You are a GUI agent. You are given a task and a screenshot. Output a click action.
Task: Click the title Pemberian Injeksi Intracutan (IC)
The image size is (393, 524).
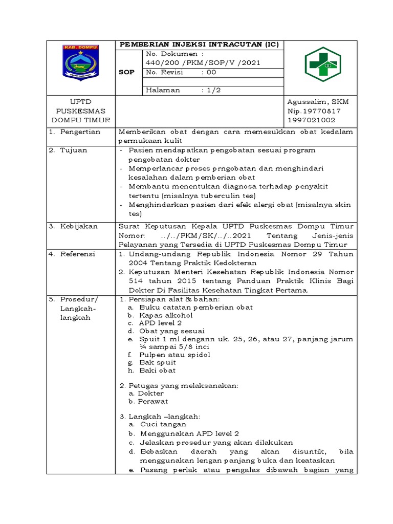(x=199, y=45)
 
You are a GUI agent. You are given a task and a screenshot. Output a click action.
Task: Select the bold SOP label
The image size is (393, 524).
(x=127, y=72)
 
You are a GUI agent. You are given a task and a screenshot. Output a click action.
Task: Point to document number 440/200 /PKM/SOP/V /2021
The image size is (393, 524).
(x=203, y=62)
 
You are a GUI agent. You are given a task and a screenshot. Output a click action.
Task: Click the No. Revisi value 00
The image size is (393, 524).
(x=211, y=72)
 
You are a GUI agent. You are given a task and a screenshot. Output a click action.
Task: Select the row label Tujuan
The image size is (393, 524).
(x=74, y=150)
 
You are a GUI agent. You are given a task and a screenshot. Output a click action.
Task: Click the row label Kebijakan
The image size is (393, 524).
(x=79, y=226)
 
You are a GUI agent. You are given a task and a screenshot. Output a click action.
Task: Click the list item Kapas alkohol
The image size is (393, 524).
(x=159, y=315)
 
